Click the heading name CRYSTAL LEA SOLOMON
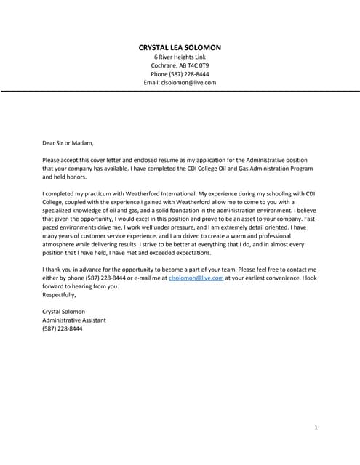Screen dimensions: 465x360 point(180,47)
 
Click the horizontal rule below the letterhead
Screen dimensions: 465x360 point(180,92)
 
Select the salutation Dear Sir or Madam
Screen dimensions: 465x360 point(68,142)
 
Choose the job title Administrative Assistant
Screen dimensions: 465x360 point(75,320)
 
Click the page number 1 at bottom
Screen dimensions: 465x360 point(316,428)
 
